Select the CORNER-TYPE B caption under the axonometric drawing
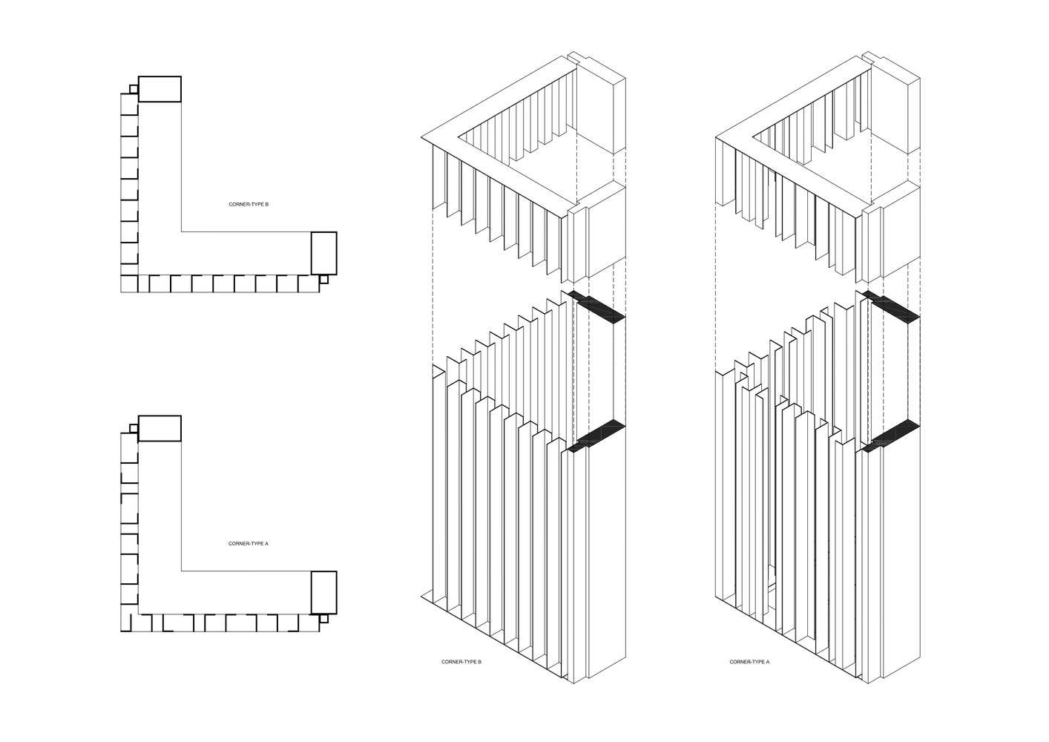[x=461, y=661]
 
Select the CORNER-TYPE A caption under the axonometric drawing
[x=749, y=661]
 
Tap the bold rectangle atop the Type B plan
[x=160, y=89]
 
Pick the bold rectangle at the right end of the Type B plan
[x=323, y=253]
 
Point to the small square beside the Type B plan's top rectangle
[x=133, y=89]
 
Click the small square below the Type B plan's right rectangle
[x=323, y=280]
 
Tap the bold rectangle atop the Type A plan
[x=160, y=428]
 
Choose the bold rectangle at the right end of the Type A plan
[x=323, y=592]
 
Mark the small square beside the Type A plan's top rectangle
[x=133, y=428]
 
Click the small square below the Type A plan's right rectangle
[x=323, y=618]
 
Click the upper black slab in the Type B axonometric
[x=601, y=309]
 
